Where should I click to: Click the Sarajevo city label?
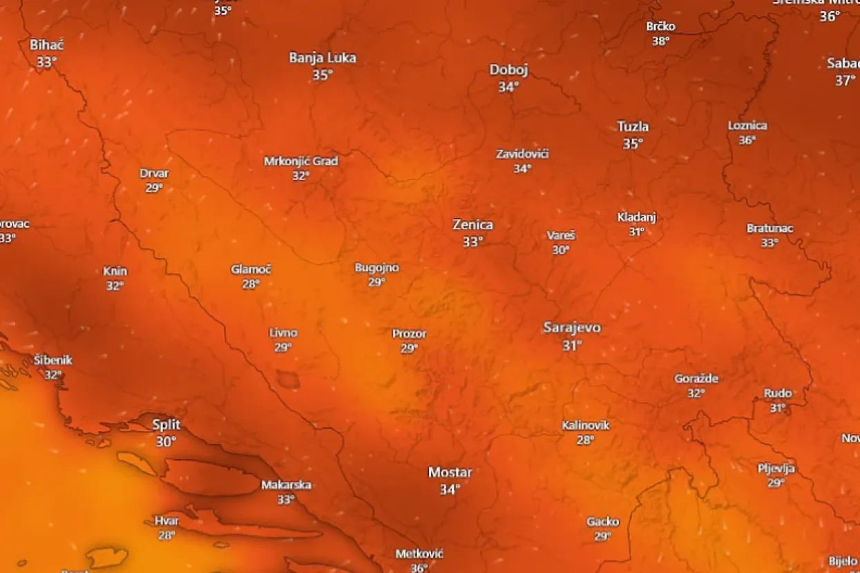click(571, 328)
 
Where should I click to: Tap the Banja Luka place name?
click(323, 58)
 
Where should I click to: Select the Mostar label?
click(450, 473)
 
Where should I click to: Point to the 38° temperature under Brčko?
click(661, 41)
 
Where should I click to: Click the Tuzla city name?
click(633, 127)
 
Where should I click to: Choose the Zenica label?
click(472, 225)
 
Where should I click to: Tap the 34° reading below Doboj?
click(508, 87)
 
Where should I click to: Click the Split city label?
click(166, 424)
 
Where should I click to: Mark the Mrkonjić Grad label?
click(301, 162)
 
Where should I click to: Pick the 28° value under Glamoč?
click(251, 284)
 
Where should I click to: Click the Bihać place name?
click(46, 46)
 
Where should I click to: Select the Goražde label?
click(696, 379)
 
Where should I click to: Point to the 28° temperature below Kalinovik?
click(585, 440)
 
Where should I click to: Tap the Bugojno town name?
click(376, 268)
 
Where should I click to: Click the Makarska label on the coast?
click(286, 485)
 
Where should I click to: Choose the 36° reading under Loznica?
click(747, 140)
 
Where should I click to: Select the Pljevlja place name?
click(776, 469)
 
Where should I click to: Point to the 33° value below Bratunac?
click(770, 243)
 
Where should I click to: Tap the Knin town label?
click(115, 271)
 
